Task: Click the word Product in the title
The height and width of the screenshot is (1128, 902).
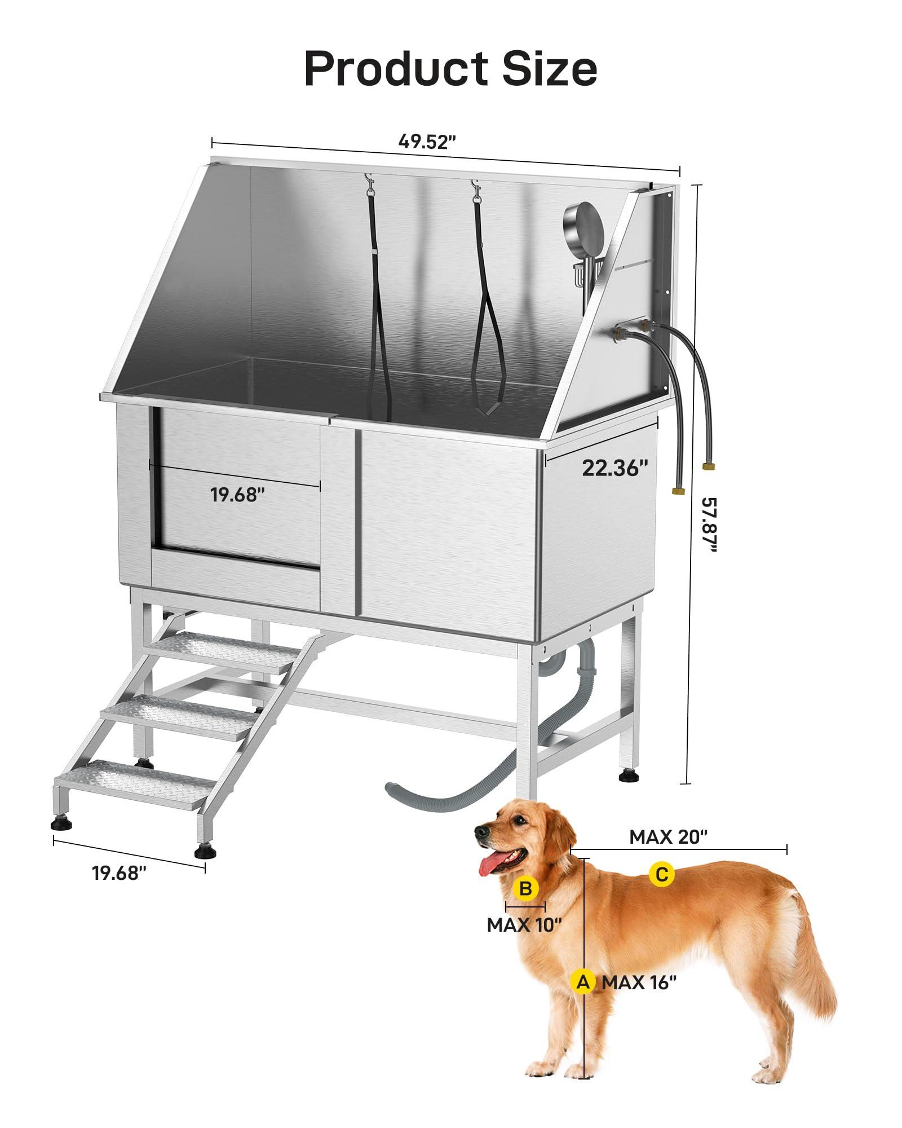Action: click(x=396, y=69)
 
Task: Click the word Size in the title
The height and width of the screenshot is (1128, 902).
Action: click(x=550, y=69)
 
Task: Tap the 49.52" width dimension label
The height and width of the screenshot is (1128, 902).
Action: click(x=427, y=141)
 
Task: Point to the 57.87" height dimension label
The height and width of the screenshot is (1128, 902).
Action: click(x=709, y=525)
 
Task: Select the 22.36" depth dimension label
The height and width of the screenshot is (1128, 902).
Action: click(x=615, y=468)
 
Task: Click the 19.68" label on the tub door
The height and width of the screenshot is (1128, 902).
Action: click(x=237, y=495)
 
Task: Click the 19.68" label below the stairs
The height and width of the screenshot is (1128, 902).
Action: click(x=119, y=873)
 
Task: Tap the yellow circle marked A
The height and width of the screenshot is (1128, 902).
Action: click(x=583, y=982)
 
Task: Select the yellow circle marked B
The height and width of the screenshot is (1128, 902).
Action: click(x=526, y=889)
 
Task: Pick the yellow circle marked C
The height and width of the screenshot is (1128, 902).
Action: click(x=662, y=875)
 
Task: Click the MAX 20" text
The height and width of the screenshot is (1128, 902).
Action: click(x=669, y=837)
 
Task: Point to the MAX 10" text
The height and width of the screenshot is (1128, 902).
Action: click(x=524, y=925)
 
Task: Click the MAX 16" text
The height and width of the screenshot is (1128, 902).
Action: click(x=639, y=982)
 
